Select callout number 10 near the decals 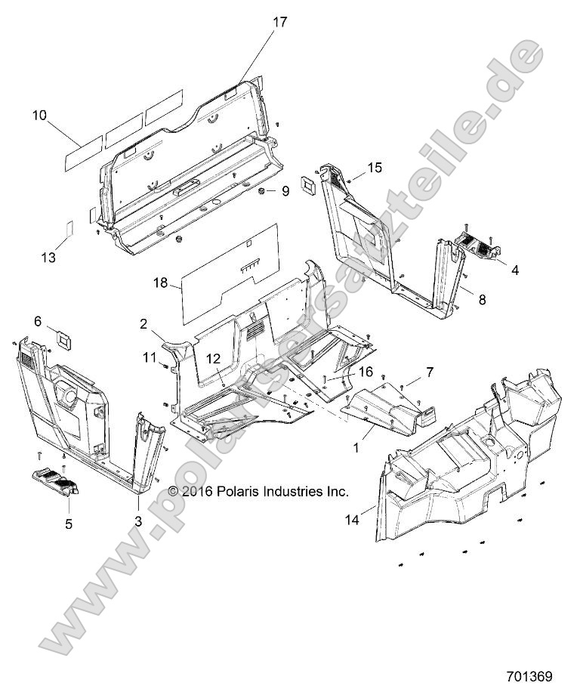(x=39, y=116)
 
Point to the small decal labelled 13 (x=66, y=228)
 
